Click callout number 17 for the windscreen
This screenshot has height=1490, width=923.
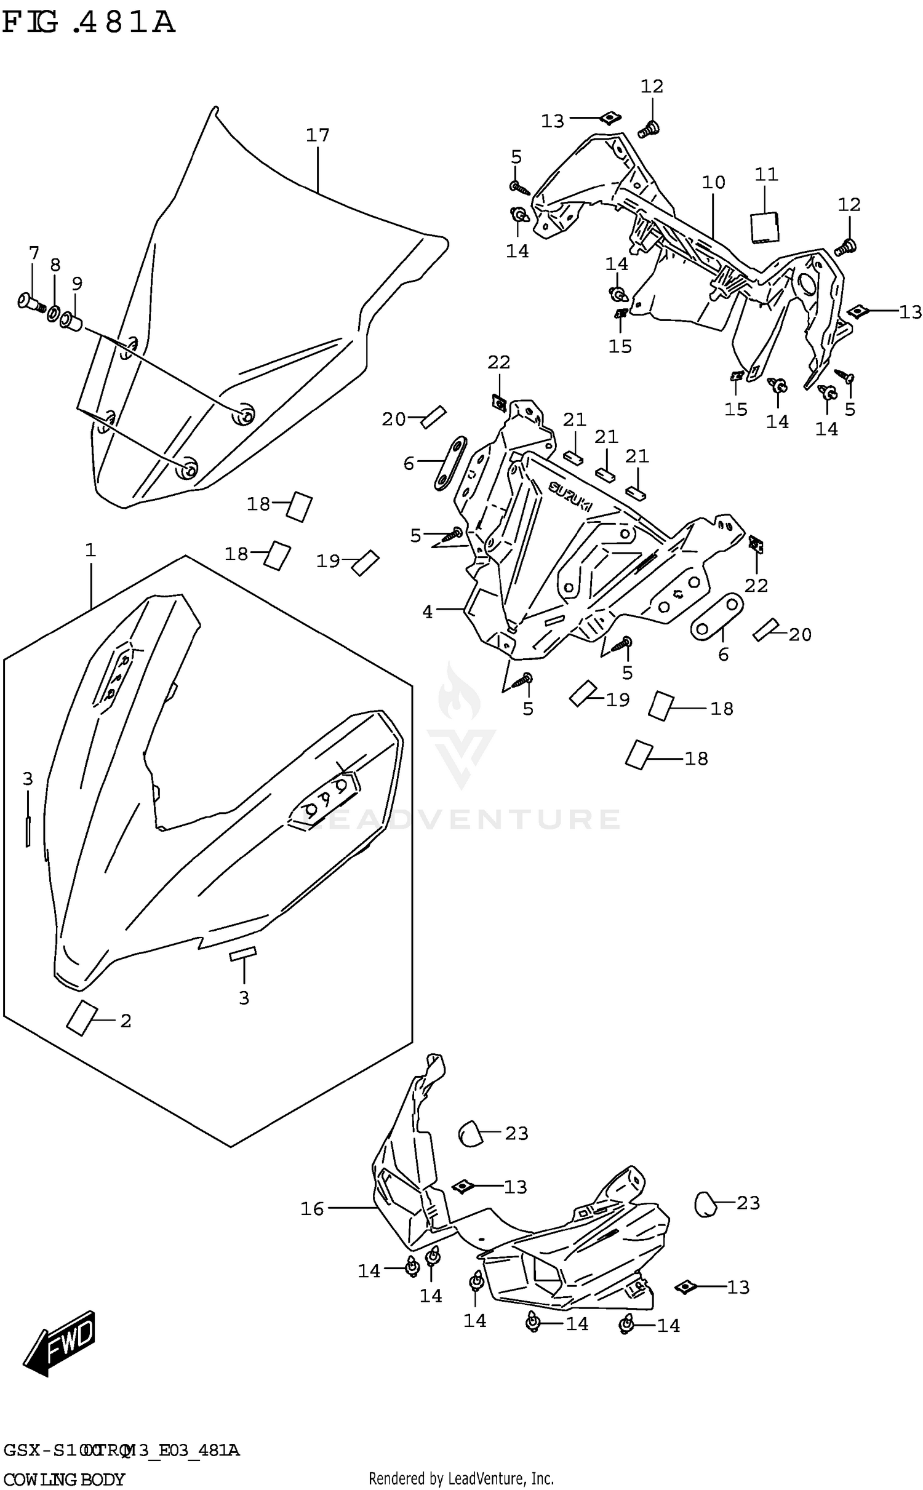pyautogui.click(x=318, y=135)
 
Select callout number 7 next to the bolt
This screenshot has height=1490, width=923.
pyautogui.click(x=34, y=253)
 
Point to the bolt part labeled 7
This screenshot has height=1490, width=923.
pyautogui.click(x=31, y=303)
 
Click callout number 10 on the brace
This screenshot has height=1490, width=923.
pyautogui.click(x=713, y=183)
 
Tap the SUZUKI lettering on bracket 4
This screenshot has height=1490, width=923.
pyautogui.click(x=570, y=496)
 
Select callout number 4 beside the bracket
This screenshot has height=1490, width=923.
pyautogui.click(x=428, y=612)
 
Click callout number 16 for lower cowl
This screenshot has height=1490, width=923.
pyautogui.click(x=312, y=1209)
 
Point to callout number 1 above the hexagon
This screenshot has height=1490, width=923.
pyautogui.click(x=90, y=550)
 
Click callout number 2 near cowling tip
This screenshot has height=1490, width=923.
pyautogui.click(x=126, y=1021)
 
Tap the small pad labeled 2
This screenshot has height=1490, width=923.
pyautogui.click(x=81, y=1018)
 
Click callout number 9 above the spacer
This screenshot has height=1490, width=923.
pyautogui.click(x=77, y=284)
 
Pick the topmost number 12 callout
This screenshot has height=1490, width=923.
pyautogui.click(x=652, y=87)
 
